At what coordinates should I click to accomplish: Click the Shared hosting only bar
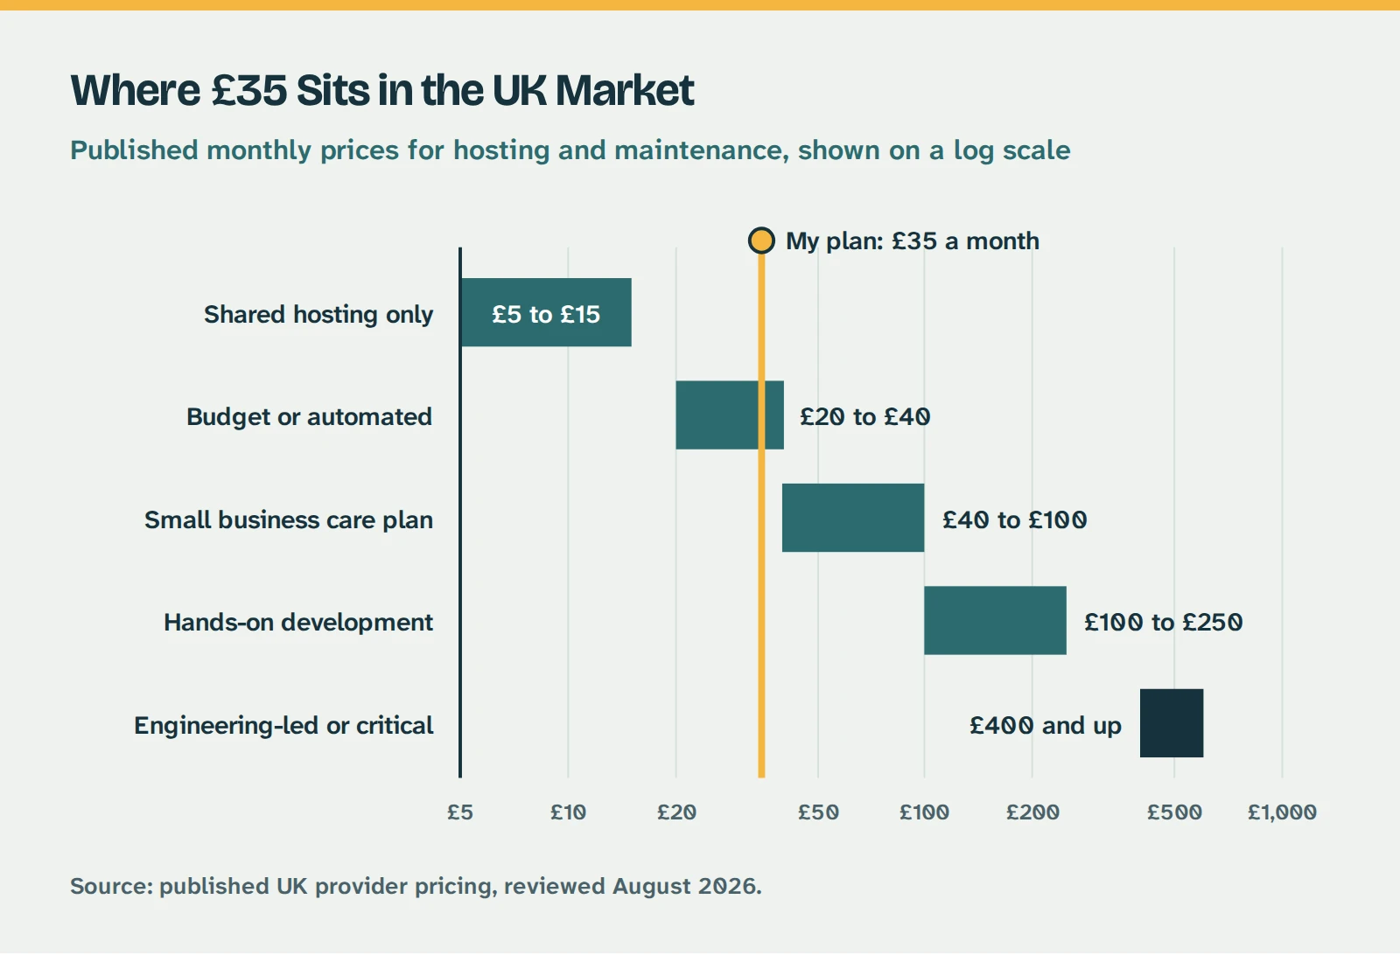tap(546, 312)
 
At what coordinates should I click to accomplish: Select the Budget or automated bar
tap(730, 415)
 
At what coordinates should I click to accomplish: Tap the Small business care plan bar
tap(853, 518)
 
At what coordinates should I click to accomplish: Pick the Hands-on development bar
tap(995, 620)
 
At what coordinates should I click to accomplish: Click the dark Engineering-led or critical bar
tap(1172, 723)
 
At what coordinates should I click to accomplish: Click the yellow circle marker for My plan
tap(761, 240)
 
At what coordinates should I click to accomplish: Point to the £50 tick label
tap(818, 812)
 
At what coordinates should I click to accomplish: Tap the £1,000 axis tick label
tap(1282, 812)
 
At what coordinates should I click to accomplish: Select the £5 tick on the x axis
tap(460, 812)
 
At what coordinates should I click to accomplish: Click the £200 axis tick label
tap(1032, 812)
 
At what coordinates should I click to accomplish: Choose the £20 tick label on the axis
tap(676, 812)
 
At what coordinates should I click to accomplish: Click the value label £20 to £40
tap(865, 416)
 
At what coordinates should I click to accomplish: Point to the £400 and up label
tap(1046, 726)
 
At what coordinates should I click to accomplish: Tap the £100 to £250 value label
tap(1163, 622)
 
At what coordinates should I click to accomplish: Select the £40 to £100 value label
tap(1014, 519)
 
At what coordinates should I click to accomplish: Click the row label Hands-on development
tap(298, 623)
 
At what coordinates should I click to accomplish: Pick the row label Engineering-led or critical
tap(283, 726)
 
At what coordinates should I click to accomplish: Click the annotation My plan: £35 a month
tap(913, 241)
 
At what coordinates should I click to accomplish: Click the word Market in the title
tap(625, 91)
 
